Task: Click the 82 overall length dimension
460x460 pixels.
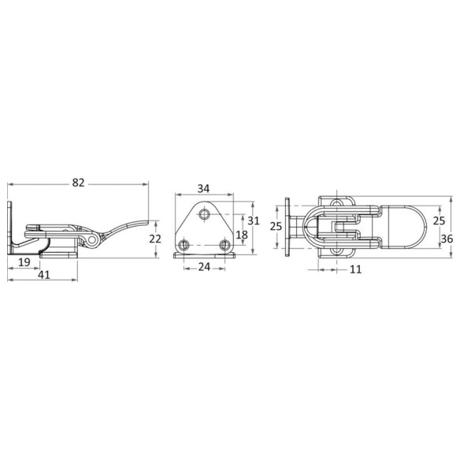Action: click(x=78, y=183)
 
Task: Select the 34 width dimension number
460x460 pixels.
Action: click(x=203, y=188)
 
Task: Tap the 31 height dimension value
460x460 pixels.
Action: click(x=254, y=221)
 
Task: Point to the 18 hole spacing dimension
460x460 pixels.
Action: click(x=242, y=235)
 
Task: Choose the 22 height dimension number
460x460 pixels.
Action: click(x=155, y=239)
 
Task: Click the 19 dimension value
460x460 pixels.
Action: click(x=24, y=262)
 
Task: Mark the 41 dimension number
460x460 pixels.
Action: click(x=44, y=275)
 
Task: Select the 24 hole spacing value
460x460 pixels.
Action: click(x=204, y=267)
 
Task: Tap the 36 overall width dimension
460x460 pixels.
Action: click(x=447, y=239)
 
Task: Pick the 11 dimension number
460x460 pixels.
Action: click(x=355, y=269)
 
